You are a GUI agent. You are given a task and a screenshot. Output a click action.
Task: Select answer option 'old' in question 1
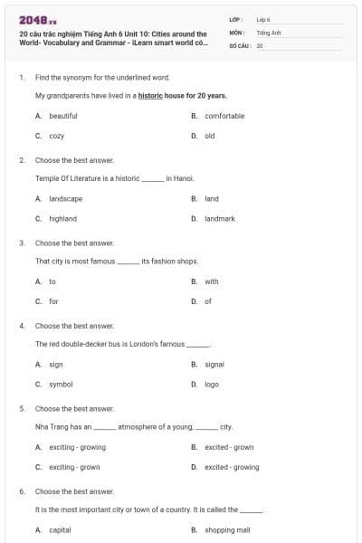tap(209, 136)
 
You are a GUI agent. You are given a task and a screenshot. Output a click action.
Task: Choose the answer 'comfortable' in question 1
tap(224, 116)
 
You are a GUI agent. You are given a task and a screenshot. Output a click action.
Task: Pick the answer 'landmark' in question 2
tap(219, 218)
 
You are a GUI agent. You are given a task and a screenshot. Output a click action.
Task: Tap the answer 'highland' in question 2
tap(62, 218)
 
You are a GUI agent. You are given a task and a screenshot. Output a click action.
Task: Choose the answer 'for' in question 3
tap(53, 301)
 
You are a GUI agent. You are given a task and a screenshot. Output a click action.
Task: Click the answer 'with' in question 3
tap(211, 281)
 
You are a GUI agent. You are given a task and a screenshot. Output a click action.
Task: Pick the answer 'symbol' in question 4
tap(61, 384)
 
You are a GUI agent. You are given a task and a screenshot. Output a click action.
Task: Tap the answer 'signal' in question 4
tap(214, 364)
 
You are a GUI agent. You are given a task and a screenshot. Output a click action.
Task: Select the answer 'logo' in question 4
tap(212, 384)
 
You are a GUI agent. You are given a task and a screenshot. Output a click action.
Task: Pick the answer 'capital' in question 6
tap(60, 530)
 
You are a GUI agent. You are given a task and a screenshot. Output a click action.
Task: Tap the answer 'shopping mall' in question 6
tap(226, 530)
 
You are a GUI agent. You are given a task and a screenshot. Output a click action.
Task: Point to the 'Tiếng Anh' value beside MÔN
tap(269, 32)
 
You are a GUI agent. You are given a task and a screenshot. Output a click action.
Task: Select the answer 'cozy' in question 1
tap(56, 136)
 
